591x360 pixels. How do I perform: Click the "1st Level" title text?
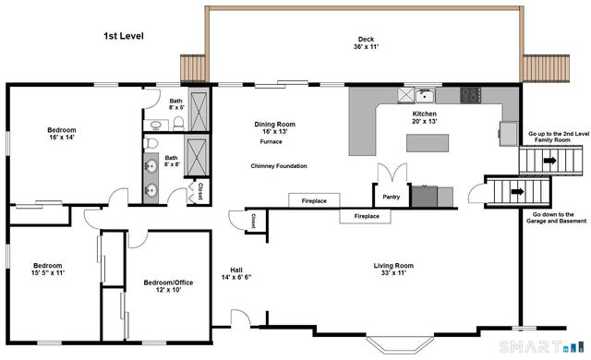tap(124, 36)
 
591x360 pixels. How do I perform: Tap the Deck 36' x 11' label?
tap(366, 43)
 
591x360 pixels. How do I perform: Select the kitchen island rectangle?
tap(428, 143)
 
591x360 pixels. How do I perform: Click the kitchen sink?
tap(425, 95)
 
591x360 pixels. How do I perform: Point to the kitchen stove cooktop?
tap(470, 95)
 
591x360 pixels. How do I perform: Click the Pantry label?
tap(392, 197)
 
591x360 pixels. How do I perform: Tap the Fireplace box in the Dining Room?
tap(314, 200)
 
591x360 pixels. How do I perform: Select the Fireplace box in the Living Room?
tap(366, 216)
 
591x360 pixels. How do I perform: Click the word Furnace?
tap(271, 141)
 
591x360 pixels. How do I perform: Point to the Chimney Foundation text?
tap(279, 165)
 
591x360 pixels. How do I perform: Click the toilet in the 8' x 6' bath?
tap(178, 124)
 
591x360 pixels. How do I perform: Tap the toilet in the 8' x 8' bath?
tap(151, 143)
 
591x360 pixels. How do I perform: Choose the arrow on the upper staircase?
tap(550, 161)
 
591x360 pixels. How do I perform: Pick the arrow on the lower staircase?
tap(517, 192)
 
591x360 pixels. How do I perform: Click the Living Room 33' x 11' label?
tap(393, 270)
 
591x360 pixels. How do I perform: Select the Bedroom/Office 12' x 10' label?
tap(168, 286)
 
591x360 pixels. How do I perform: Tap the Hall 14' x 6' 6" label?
tap(236, 274)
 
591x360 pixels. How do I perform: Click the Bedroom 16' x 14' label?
tap(62, 134)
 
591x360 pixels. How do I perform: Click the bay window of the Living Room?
tap(400, 344)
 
